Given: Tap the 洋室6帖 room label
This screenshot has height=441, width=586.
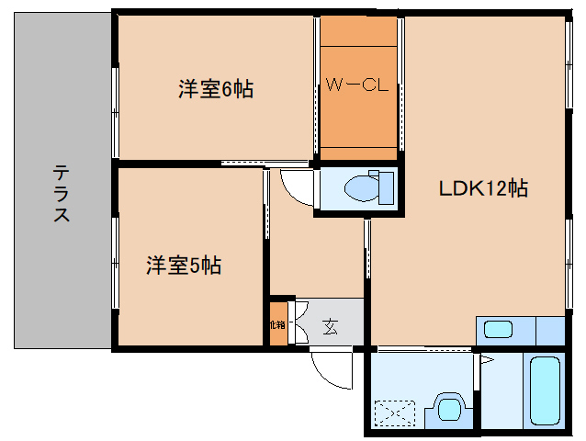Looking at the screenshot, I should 215,89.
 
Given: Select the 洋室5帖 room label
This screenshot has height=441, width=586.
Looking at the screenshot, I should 184,266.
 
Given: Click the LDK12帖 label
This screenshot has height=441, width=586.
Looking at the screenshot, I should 481,188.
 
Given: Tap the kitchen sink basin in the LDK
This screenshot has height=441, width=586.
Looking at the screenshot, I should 499,330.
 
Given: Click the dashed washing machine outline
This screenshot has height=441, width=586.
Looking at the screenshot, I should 393,413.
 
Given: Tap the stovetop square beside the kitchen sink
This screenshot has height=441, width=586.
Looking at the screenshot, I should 548,330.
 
